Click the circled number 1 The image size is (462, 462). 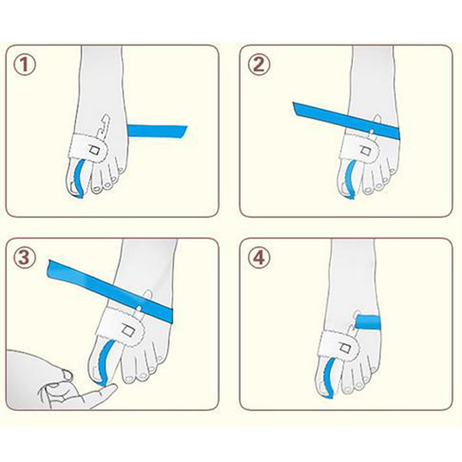click(25, 65)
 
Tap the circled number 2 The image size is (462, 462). click(259, 65)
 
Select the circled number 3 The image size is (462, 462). click(25, 257)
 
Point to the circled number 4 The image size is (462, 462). click(259, 257)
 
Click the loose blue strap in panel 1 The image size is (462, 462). click(157, 132)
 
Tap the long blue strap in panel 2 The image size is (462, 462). click(346, 121)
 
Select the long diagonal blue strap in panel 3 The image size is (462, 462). click(110, 290)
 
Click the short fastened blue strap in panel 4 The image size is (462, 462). click(368, 322)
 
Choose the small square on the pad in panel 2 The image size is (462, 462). click(366, 152)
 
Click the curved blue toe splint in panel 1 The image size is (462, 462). click(78, 178)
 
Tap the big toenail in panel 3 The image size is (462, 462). click(95, 373)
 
